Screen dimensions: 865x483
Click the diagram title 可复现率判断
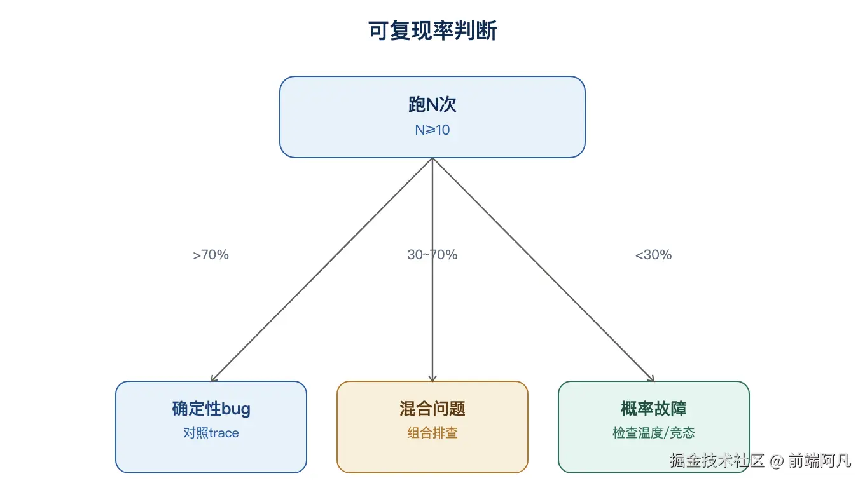(432, 31)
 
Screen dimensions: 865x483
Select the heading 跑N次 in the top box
(432, 104)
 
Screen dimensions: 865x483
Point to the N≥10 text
(432, 130)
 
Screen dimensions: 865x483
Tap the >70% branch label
(211, 255)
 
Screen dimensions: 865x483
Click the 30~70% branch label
(432, 255)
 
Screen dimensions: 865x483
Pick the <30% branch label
(653, 255)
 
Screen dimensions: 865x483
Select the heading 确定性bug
(211, 409)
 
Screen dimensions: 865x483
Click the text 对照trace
(211, 433)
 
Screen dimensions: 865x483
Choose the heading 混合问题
(432, 409)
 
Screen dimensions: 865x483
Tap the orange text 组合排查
(432, 433)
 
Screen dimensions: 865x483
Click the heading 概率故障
(653, 409)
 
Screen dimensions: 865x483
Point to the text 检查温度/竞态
(653, 433)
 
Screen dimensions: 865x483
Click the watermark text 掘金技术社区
(717, 461)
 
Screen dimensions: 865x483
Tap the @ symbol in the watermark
(777, 461)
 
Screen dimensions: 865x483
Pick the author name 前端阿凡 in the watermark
(819, 461)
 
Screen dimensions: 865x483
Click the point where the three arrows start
(432, 158)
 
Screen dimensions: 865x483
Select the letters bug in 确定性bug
(236, 410)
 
